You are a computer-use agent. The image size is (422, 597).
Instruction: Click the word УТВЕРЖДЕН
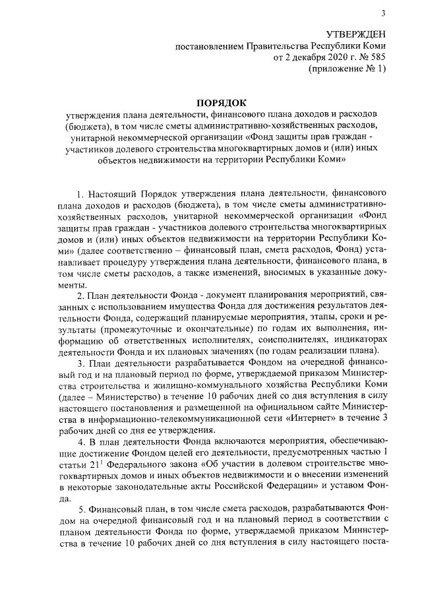355,34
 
